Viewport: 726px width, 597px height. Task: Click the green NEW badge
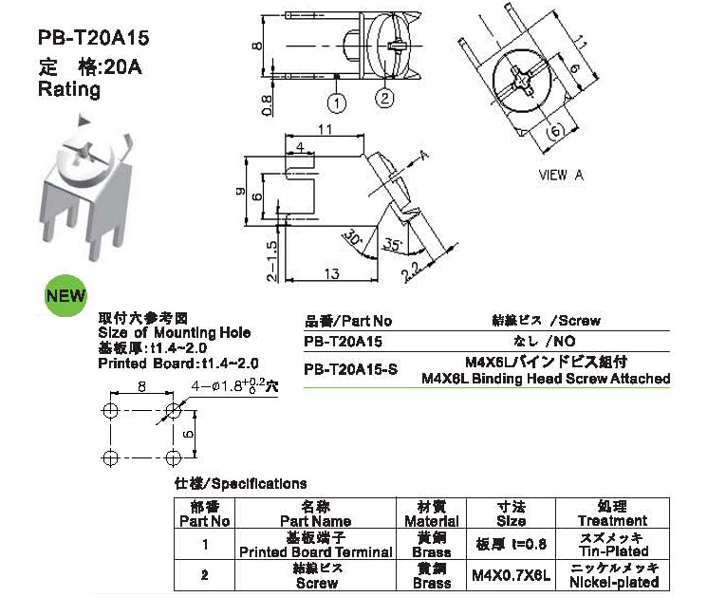click(x=65, y=295)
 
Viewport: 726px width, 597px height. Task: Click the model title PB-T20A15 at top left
click(x=94, y=38)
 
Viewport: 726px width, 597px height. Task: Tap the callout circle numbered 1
click(x=337, y=103)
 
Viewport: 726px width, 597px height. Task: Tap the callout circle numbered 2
click(x=384, y=98)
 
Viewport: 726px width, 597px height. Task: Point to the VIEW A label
click(x=561, y=175)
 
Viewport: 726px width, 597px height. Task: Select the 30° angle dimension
click(x=353, y=237)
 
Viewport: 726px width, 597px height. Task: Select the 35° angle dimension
click(x=393, y=244)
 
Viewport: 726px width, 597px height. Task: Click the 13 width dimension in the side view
click(x=331, y=273)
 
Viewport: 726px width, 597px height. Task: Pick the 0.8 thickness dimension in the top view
click(x=268, y=105)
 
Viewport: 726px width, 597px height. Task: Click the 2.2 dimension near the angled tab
click(x=410, y=272)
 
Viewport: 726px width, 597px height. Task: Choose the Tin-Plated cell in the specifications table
click(x=612, y=544)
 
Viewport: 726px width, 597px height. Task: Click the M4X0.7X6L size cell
click(x=511, y=575)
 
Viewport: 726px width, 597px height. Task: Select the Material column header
click(x=431, y=513)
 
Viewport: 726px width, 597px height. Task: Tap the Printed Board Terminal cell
click(x=315, y=544)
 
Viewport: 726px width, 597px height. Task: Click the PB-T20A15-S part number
click(x=350, y=369)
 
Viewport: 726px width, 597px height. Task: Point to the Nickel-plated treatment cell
click(x=612, y=575)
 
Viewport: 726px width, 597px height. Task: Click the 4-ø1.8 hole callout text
click(x=234, y=385)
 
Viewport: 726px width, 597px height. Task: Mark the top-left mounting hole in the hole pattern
click(x=110, y=410)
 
